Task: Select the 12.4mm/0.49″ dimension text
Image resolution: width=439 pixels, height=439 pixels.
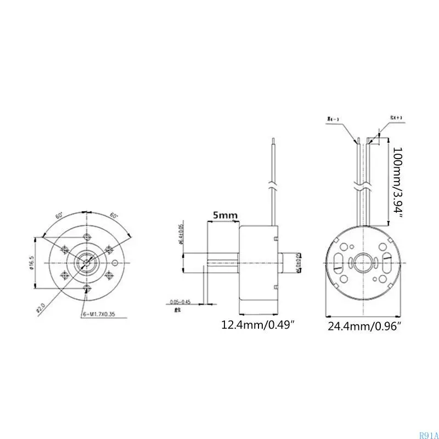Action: point(258,325)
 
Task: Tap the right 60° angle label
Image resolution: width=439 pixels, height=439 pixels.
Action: point(115,216)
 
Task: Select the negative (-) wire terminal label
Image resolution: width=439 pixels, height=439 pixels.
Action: point(333,118)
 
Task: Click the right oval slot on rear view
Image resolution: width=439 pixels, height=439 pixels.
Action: point(389,262)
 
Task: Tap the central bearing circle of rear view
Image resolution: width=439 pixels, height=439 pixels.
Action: point(364,263)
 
